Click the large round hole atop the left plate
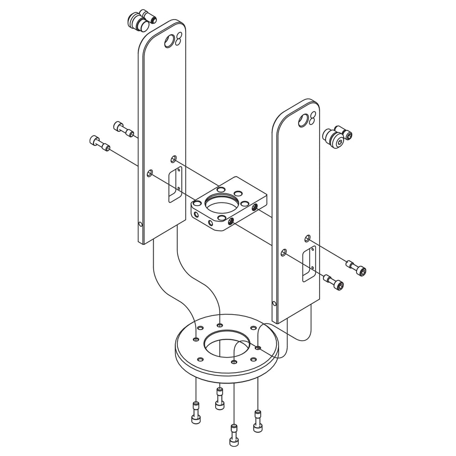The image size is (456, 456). (169, 41)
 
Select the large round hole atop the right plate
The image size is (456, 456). (303, 120)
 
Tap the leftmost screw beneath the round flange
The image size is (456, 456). (196, 413)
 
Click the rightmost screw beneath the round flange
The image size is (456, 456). (257, 420)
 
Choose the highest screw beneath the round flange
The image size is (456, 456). (220, 398)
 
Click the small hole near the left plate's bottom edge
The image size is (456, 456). (140, 224)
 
